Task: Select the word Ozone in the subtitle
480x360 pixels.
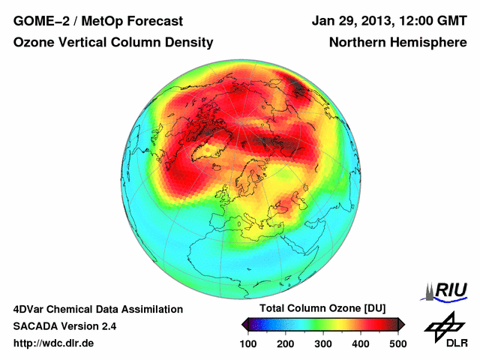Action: pyautogui.click(x=33, y=43)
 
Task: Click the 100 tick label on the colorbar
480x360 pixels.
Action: pyautogui.click(x=248, y=343)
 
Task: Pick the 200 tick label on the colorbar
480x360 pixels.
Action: pyautogui.click(x=286, y=343)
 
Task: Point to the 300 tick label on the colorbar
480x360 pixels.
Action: pyautogui.click(x=322, y=343)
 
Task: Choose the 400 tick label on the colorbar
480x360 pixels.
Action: pyautogui.click(x=360, y=343)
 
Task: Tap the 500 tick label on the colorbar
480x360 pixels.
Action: pyautogui.click(x=397, y=343)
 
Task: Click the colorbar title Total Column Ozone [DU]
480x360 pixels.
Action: pyautogui.click(x=322, y=309)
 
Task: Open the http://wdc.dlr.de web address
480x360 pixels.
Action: pyautogui.click(x=54, y=343)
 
